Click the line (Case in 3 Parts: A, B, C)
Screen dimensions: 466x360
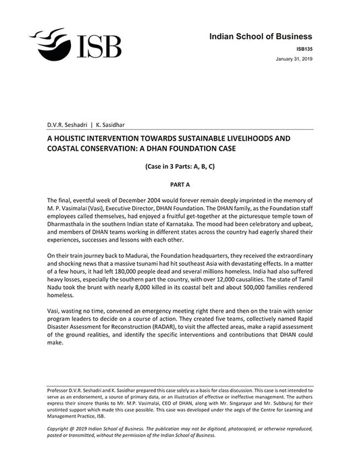180,165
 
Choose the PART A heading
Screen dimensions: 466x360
180,183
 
